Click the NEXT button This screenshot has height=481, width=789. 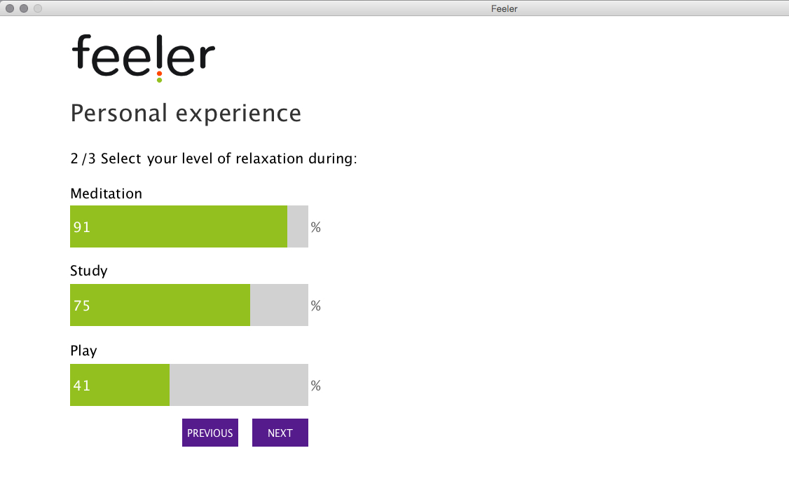pyautogui.click(x=280, y=433)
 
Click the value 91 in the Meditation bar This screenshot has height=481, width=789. pyautogui.click(x=81, y=227)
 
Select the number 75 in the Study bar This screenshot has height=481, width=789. pyautogui.click(x=81, y=306)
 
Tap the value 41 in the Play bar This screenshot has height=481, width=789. pyautogui.click(x=81, y=386)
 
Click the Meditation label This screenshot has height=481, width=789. pyautogui.click(x=107, y=194)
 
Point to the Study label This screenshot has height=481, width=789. pyautogui.click(x=88, y=271)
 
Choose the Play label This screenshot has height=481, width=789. pyautogui.click(x=83, y=351)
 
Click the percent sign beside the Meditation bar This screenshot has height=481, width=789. pyautogui.click(x=315, y=227)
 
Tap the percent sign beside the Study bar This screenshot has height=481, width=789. pyautogui.click(x=315, y=306)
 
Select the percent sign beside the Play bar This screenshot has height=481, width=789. pyautogui.click(x=315, y=386)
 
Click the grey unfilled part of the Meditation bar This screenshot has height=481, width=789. pyautogui.click(x=298, y=226)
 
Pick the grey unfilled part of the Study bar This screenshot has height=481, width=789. pyautogui.click(x=280, y=305)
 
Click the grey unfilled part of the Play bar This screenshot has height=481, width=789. pyautogui.click(x=239, y=385)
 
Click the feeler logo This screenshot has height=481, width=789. pyautogui.click(x=144, y=57)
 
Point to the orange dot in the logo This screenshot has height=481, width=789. pyautogui.click(x=159, y=74)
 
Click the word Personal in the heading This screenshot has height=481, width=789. pyautogui.click(x=118, y=113)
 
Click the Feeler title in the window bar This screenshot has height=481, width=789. pyautogui.click(x=505, y=8)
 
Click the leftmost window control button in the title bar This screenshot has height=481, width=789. pyautogui.click(x=10, y=8)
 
